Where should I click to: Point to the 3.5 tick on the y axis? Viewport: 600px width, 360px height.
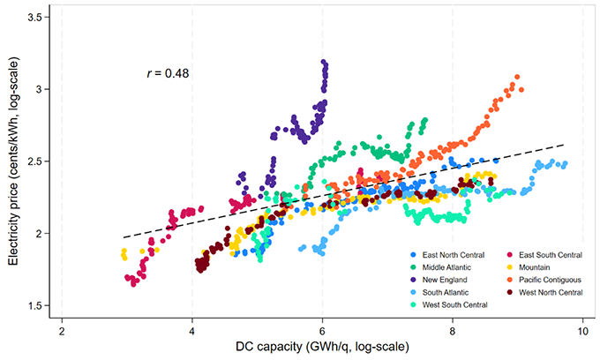[38, 18]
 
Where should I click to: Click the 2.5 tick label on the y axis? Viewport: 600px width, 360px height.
[38, 161]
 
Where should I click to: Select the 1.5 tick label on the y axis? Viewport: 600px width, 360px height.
[38, 305]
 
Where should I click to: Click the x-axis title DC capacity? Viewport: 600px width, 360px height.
[322, 349]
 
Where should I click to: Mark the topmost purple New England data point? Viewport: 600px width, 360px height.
[324, 63]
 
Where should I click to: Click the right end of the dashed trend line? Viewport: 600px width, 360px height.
[563, 144]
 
